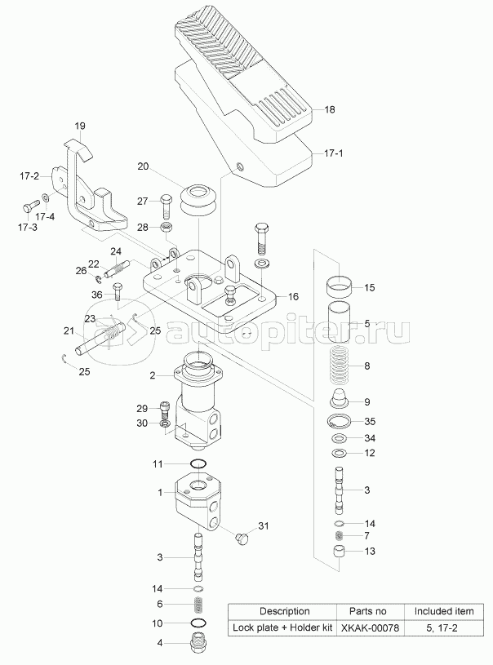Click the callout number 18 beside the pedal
pyautogui.click(x=330, y=109)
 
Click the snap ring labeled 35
pyautogui.click(x=340, y=421)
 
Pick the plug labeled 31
pyautogui.click(x=241, y=539)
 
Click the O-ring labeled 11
pyautogui.click(x=198, y=464)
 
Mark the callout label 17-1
pyautogui.click(x=334, y=153)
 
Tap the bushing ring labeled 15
pyautogui.click(x=340, y=287)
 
